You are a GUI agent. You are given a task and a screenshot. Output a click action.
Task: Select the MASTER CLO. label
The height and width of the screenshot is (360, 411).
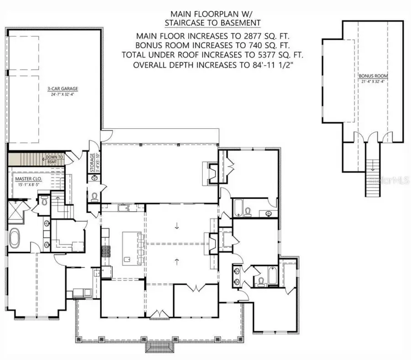click(28, 178)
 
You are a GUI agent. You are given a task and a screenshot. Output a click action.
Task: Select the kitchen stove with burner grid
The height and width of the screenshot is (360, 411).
click(105, 250)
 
